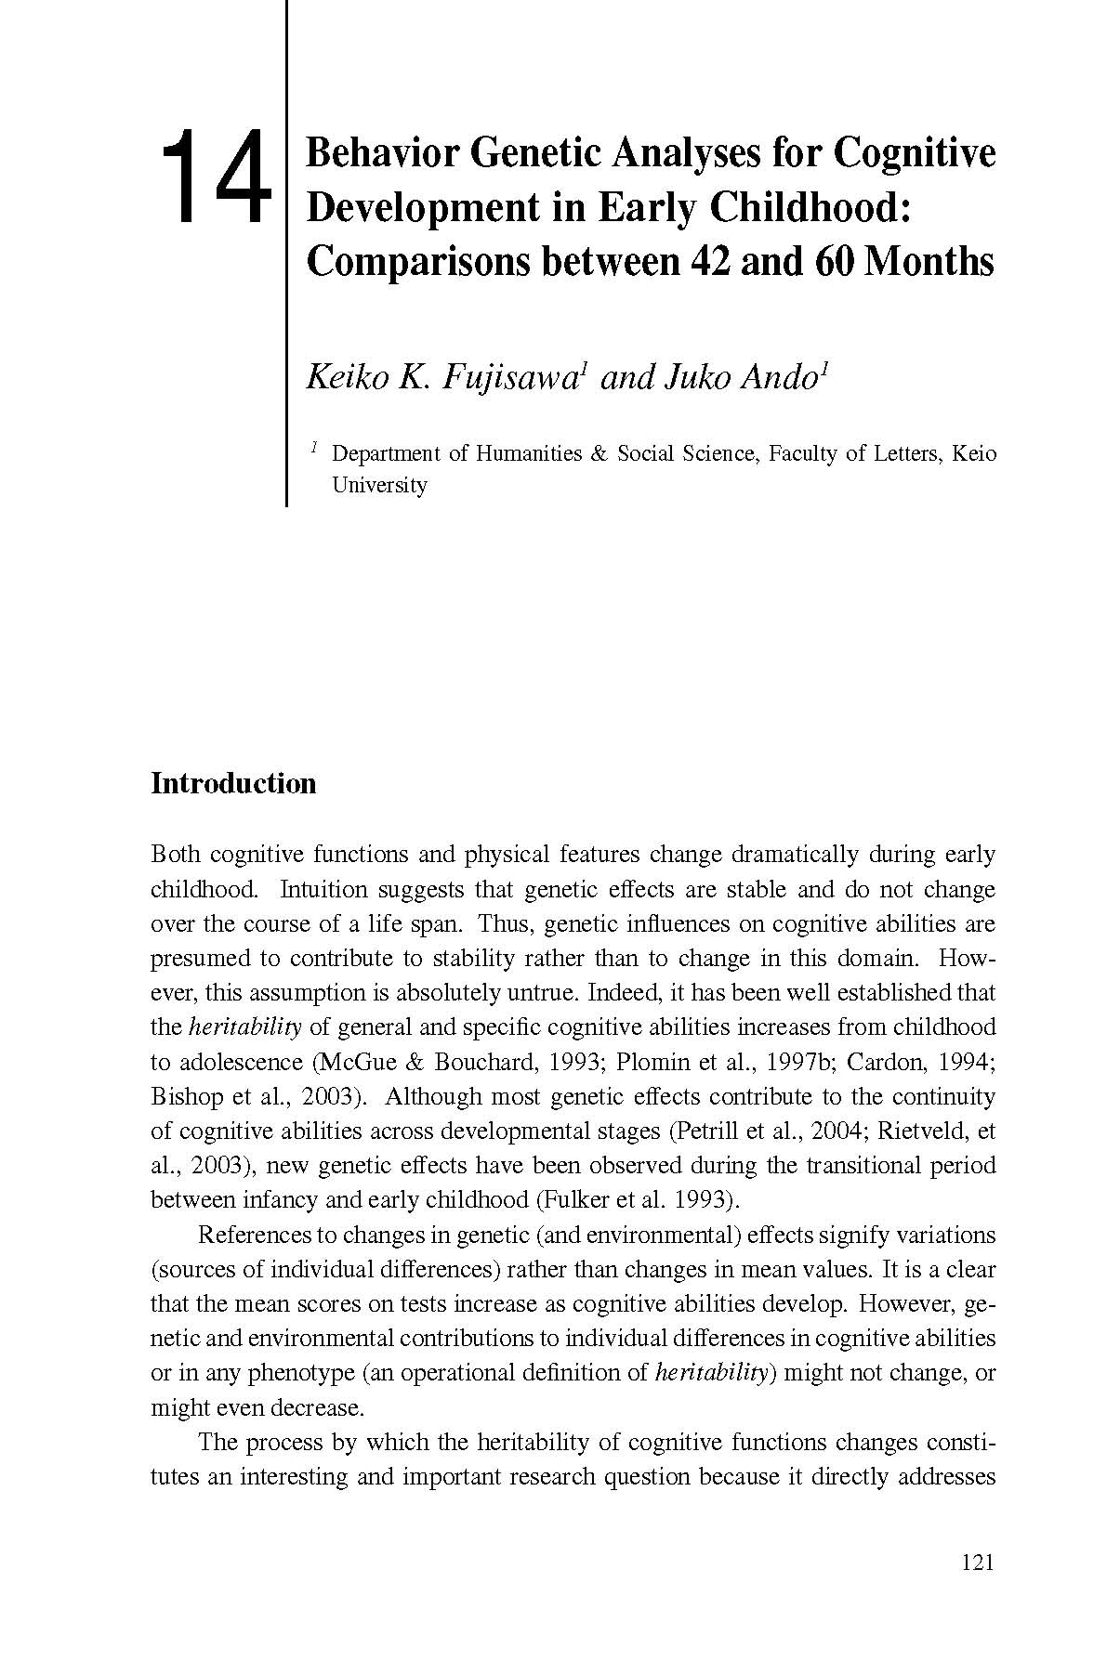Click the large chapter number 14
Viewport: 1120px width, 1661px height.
(217, 177)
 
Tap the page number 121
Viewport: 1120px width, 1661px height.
(977, 1563)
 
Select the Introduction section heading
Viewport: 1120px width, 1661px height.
(233, 783)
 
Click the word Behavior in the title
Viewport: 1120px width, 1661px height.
(382, 153)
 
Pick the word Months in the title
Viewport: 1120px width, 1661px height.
(929, 262)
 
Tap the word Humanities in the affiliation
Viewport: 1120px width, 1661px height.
(529, 454)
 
